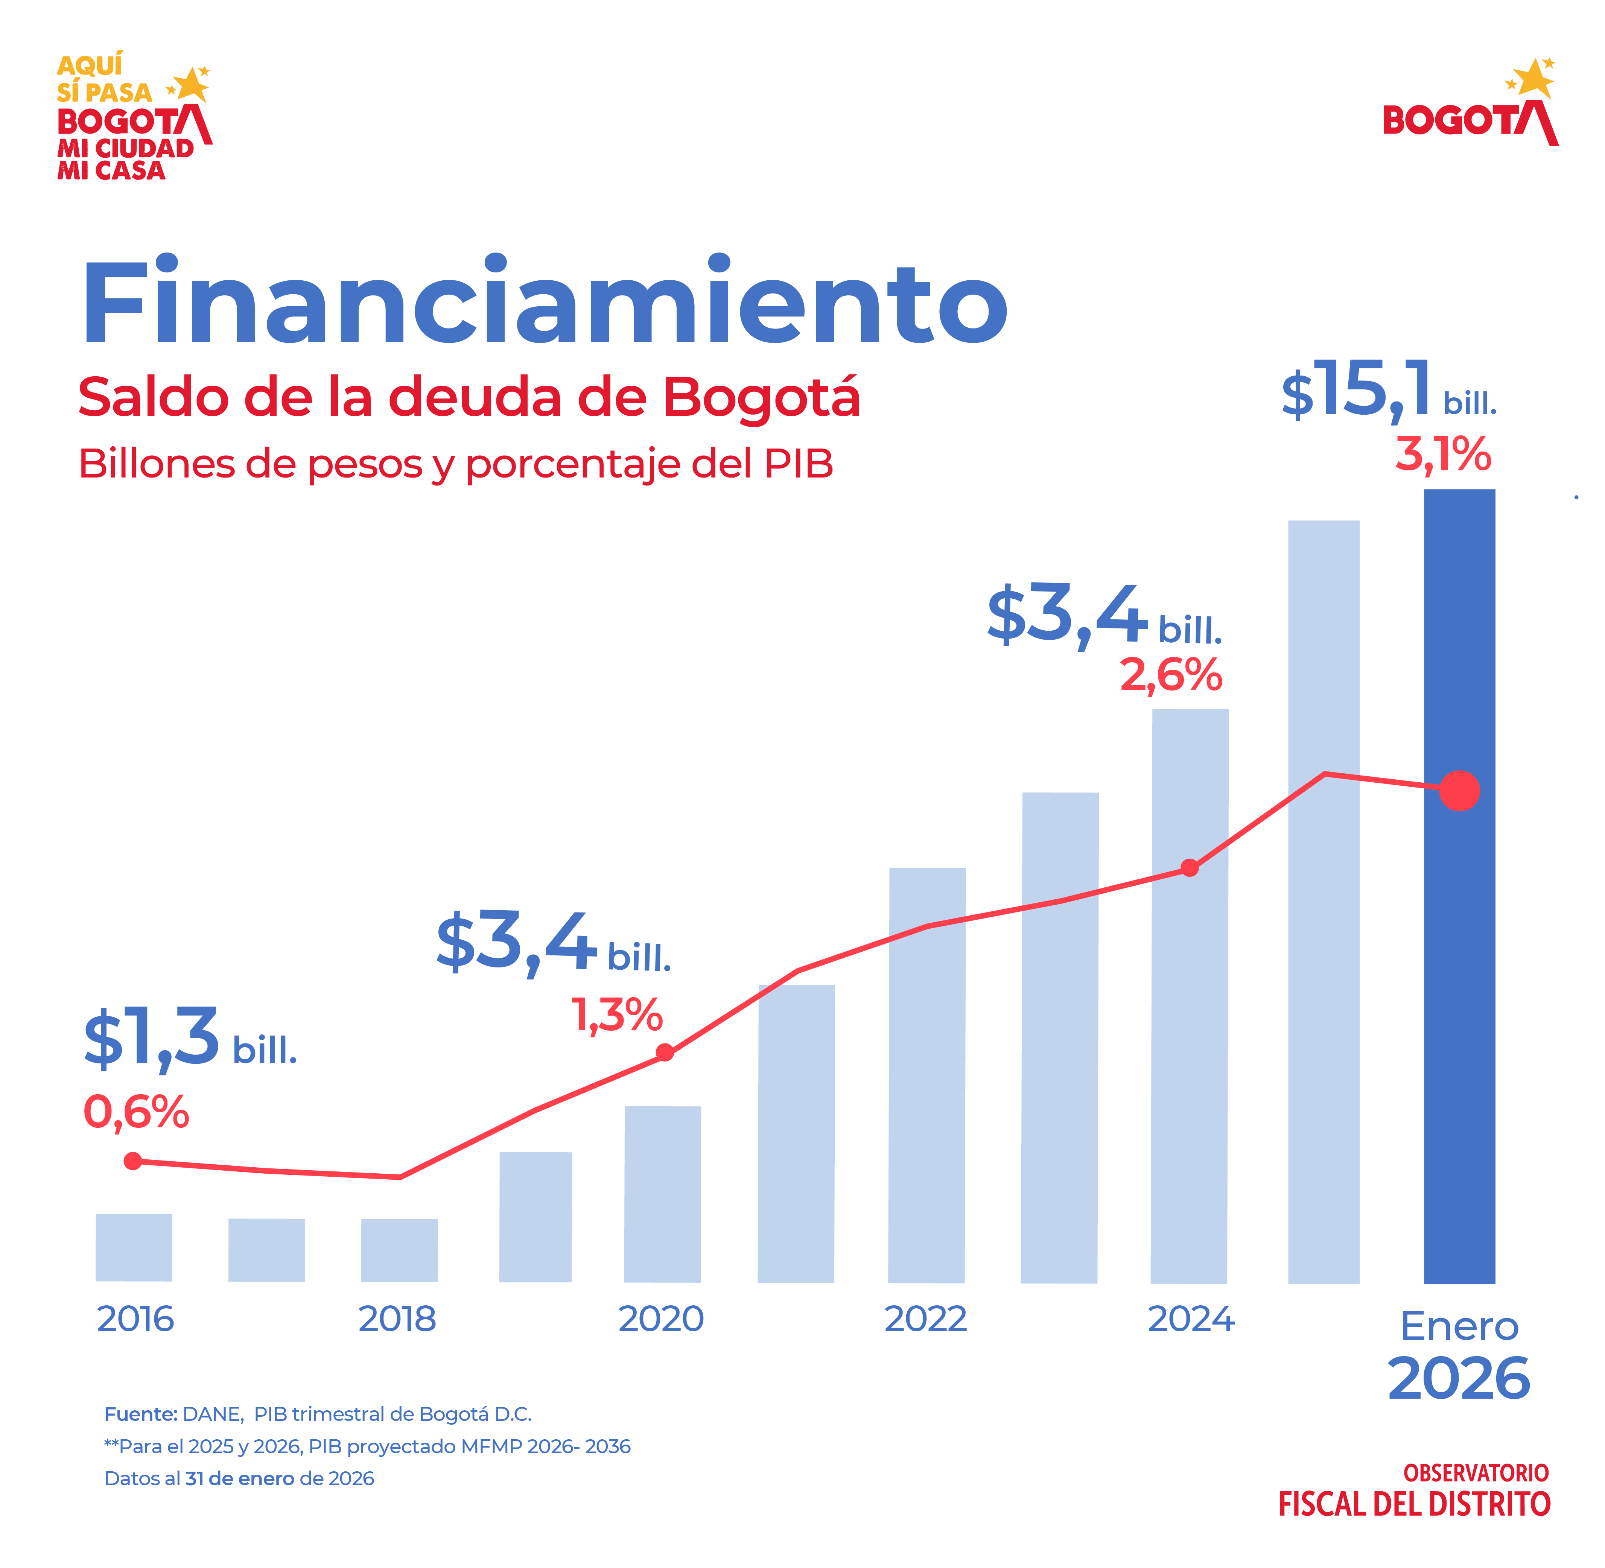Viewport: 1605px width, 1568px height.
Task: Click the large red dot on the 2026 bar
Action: [x=1459, y=791]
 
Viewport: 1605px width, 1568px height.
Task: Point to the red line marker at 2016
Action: [x=132, y=1161]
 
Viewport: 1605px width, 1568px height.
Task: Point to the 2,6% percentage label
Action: [x=1170, y=675]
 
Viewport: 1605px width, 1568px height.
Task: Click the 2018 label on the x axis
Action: [x=397, y=1319]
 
